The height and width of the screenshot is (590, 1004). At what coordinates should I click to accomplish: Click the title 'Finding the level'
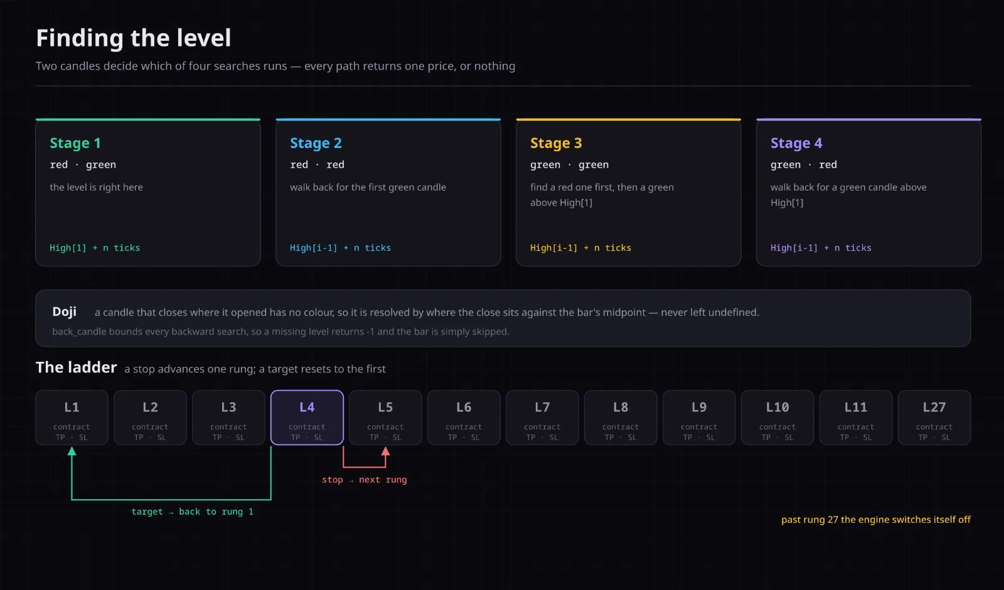coord(134,38)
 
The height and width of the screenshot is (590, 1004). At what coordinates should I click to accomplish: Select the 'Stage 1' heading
coord(75,143)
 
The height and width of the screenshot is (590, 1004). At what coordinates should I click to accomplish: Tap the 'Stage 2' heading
coord(316,143)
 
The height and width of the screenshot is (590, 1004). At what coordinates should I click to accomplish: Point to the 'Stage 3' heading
coord(556,143)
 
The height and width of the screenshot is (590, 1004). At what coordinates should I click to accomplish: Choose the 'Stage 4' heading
coord(796,143)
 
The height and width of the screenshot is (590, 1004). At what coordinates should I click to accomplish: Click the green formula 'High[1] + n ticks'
coord(95,248)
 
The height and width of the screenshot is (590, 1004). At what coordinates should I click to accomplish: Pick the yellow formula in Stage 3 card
coord(580,248)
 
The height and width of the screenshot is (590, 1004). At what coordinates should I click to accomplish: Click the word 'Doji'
coord(64,312)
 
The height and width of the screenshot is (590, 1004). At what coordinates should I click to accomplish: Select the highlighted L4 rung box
coord(307,418)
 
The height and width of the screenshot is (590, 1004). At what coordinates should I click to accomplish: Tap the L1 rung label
coord(72,407)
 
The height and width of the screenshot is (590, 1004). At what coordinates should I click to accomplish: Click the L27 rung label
coord(934,407)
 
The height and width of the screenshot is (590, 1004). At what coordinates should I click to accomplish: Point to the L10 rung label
coord(777,407)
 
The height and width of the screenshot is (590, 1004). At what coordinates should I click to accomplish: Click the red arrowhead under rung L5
coord(385,451)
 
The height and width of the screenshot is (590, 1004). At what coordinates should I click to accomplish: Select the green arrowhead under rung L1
coord(72,451)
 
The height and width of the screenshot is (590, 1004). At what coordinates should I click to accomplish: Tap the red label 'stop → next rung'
coord(365,480)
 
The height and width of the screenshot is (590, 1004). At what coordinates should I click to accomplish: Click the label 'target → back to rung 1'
coord(192,512)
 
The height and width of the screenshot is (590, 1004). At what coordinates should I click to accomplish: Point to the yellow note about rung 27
coord(876,520)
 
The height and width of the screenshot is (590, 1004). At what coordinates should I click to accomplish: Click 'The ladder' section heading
coord(76,367)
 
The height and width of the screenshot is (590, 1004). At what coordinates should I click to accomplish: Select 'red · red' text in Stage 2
coord(317,164)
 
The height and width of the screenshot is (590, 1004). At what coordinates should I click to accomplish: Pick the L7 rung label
coord(542,407)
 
